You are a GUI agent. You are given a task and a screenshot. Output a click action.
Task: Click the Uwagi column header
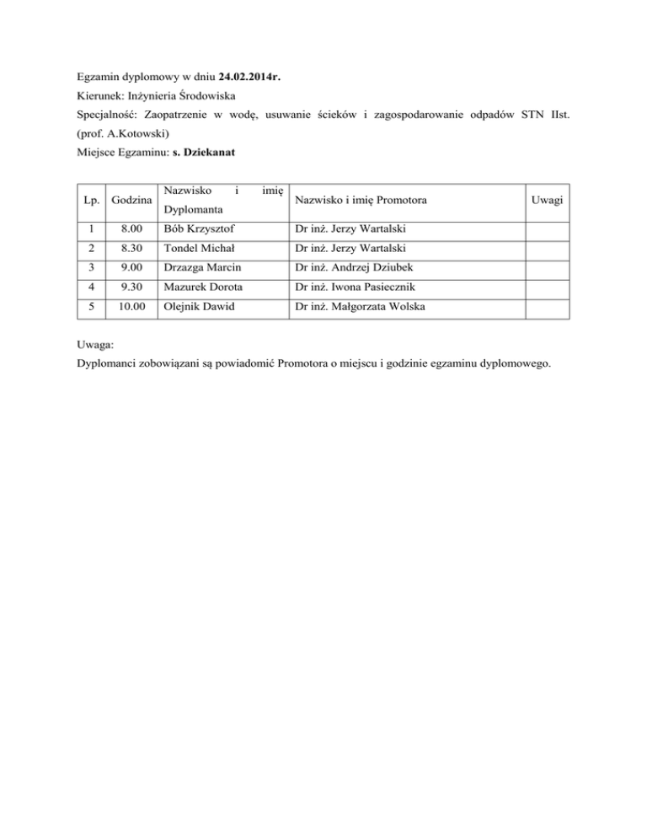(x=548, y=200)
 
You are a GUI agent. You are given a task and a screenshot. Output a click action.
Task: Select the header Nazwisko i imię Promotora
(x=360, y=200)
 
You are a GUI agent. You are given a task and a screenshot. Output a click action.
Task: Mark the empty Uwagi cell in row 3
(x=548, y=268)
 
